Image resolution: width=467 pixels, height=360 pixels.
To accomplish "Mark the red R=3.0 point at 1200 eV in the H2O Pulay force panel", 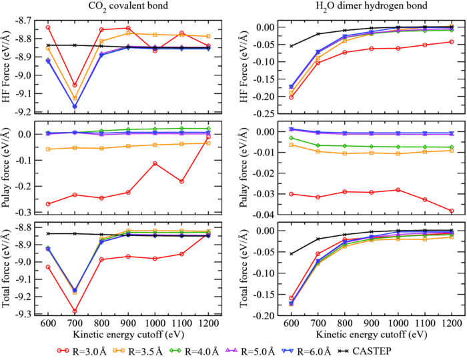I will pyautogui.click(x=452, y=211).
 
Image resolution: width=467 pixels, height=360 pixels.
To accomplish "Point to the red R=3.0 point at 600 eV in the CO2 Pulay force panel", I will pyautogui.click(x=48, y=204).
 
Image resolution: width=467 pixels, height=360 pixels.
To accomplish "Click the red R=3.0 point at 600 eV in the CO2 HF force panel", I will pyautogui.click(x=48, y=27).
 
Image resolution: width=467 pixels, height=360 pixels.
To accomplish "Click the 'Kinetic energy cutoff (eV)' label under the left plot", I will pyautogui.click(x=128, y=333).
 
